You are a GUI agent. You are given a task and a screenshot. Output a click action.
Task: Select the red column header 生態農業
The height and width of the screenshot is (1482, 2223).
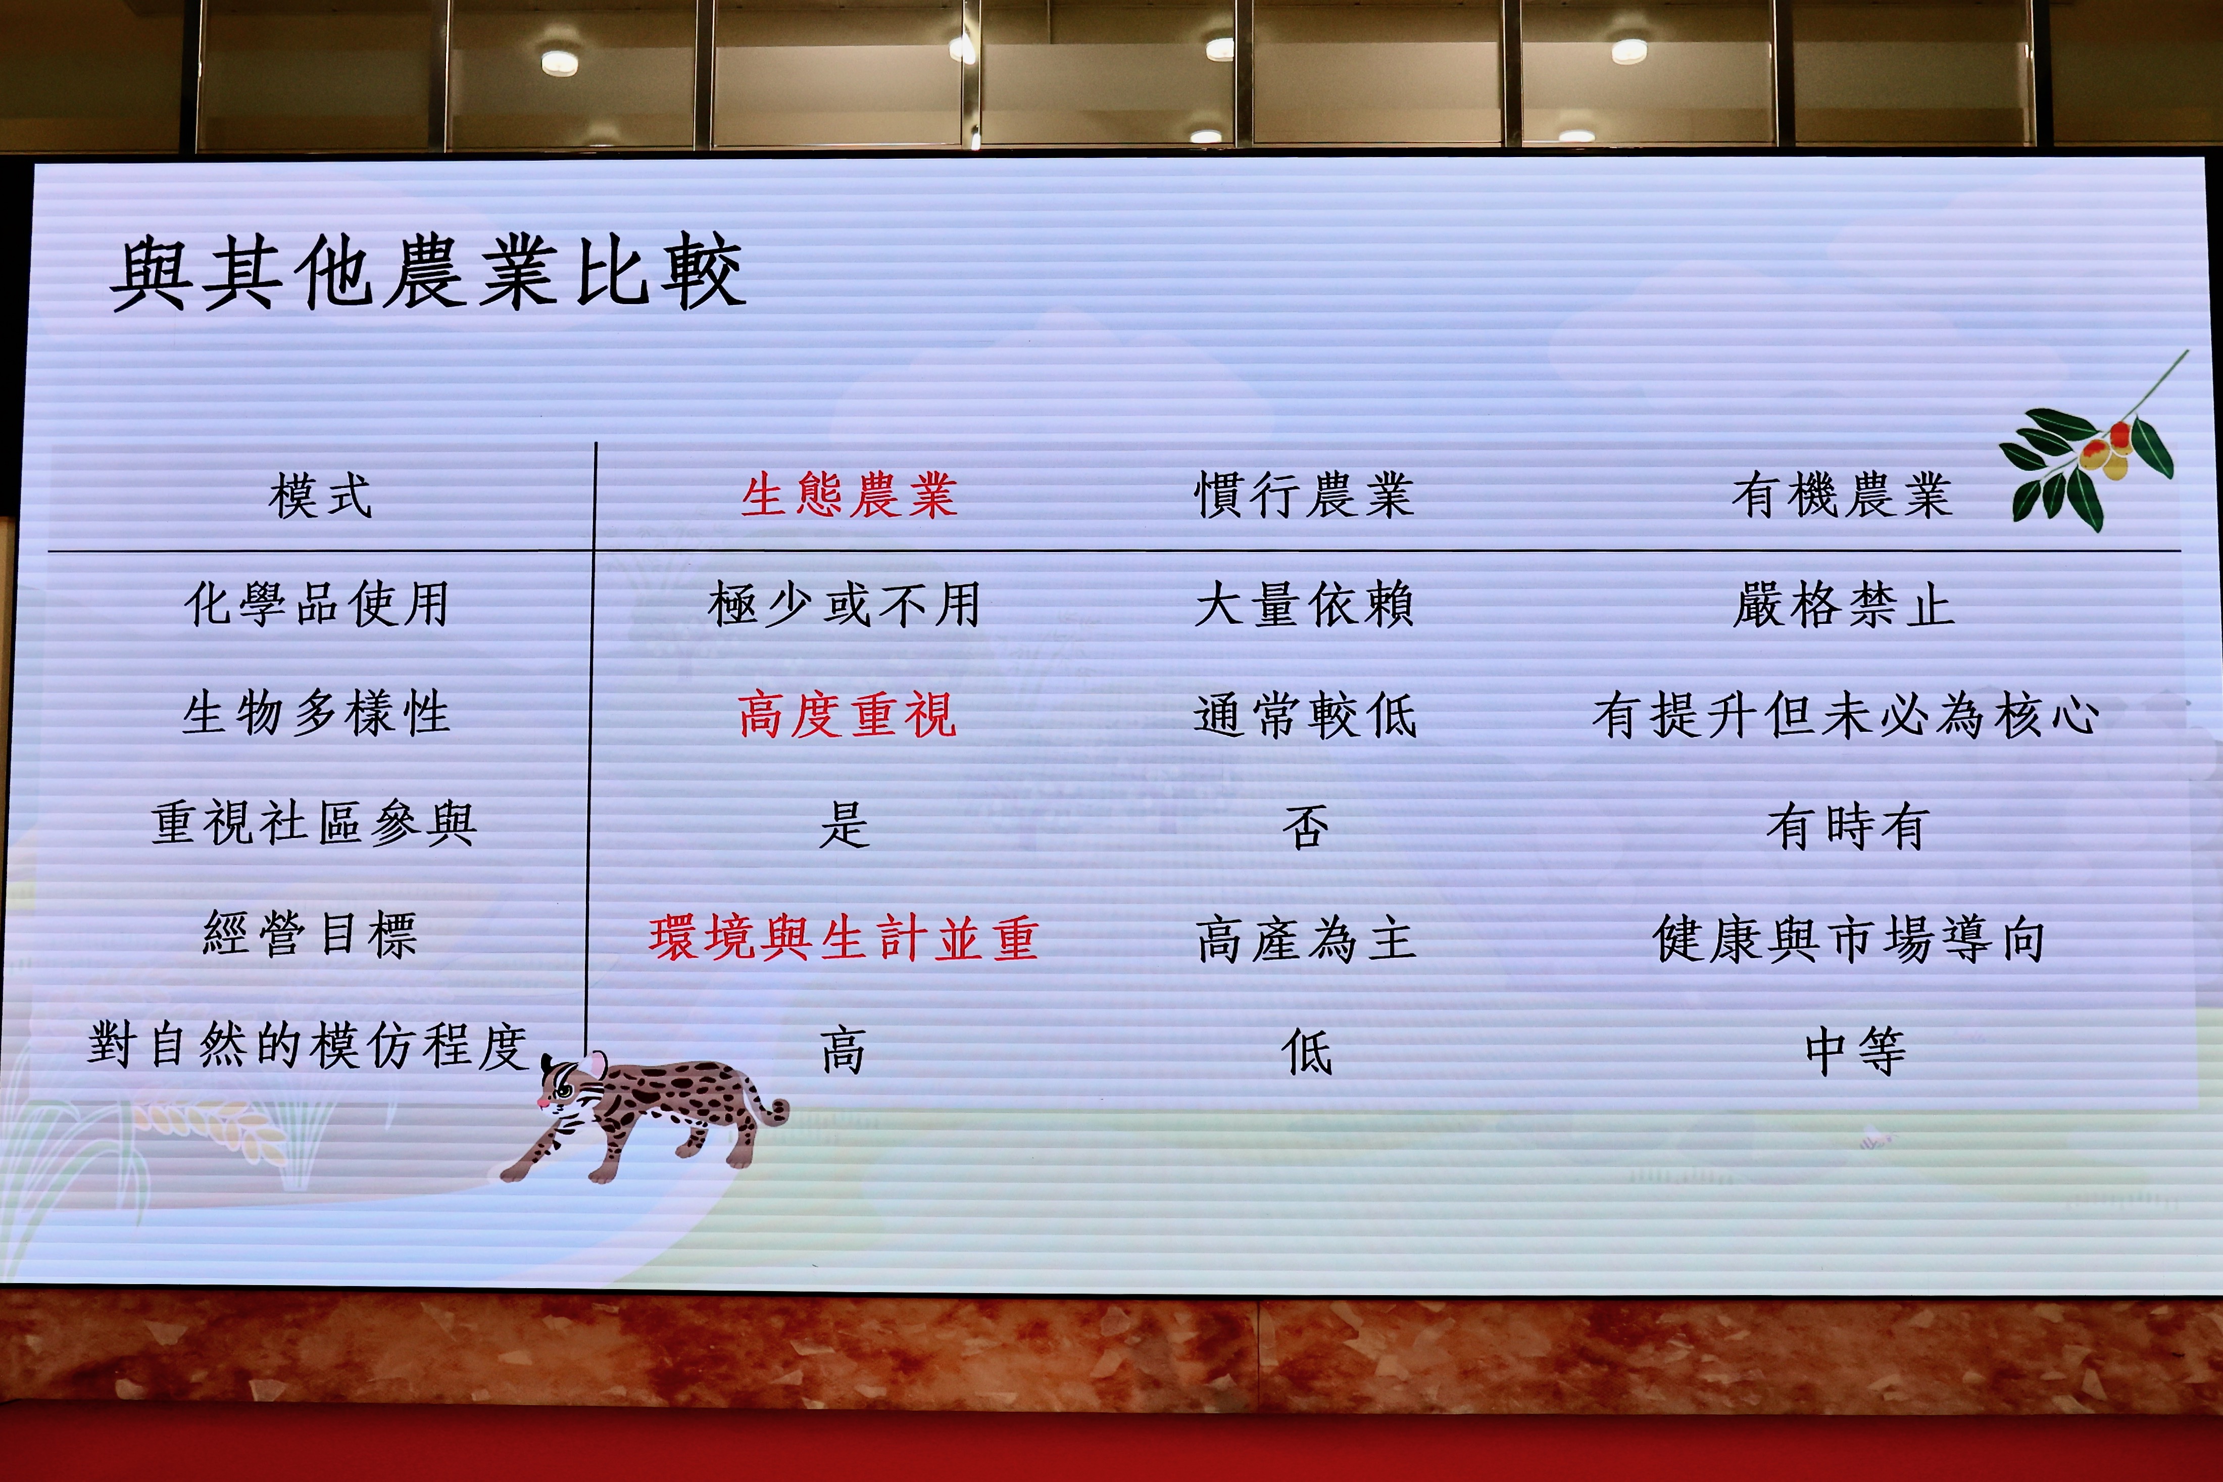point(849,495)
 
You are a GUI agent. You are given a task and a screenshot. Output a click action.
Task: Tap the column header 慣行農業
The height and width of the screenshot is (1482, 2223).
point(1304,495)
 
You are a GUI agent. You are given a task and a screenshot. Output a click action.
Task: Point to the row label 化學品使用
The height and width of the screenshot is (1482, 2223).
point(317,604)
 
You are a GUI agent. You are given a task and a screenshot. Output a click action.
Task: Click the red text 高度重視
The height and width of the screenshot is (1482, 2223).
point(848,715)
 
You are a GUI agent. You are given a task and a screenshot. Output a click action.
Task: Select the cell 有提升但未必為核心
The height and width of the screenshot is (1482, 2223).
point(1846,715)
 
